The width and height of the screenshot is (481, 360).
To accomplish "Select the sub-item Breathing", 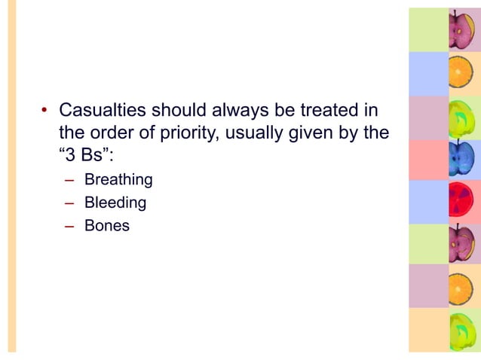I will coord(118,180).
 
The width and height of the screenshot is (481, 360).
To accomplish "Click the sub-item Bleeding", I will coord(115,203).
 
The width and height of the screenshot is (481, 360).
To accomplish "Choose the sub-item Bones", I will coord(107,225).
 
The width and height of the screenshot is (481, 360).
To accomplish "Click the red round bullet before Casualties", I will coord(44,112).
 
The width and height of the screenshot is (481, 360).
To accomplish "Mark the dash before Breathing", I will coord(69,181).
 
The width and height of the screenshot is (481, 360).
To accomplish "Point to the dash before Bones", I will coord(69,226).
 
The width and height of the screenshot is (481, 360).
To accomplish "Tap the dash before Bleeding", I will coord(69,203).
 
